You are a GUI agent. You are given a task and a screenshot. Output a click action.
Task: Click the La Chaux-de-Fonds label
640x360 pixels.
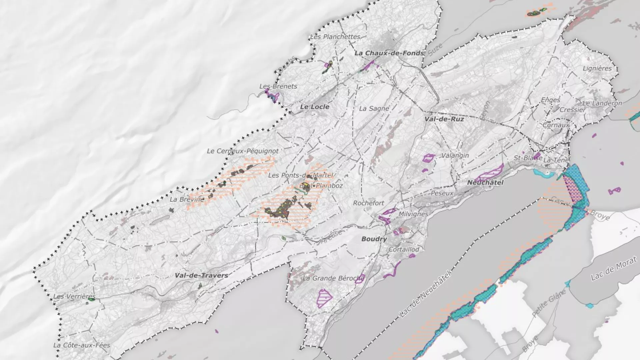(x=389, y=53)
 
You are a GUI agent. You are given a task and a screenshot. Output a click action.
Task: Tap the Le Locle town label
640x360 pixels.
(x=314, y=107)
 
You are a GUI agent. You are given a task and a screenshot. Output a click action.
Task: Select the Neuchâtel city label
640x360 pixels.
(x=485, y=183)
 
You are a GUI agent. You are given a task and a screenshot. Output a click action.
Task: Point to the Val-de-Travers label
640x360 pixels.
(x=201, y=275)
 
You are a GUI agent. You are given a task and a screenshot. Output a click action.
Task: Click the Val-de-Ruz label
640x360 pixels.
(x=444, y=119)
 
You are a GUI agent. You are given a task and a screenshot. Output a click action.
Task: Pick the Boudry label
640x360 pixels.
(x=374, y=239)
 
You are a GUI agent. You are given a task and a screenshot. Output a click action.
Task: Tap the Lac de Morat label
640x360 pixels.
(x=613, y=269)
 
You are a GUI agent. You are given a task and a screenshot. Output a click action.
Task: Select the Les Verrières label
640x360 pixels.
(x=74, y=296)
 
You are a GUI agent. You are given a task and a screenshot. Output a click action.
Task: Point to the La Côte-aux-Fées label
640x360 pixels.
(x=82, y=345)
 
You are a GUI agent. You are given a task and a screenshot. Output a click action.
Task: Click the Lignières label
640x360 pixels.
(x=597, y=68)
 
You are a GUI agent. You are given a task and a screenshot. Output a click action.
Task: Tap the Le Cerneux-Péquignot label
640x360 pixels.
(x=242, y=151)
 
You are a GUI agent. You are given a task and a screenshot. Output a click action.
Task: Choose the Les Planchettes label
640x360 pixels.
(x=335, y=37)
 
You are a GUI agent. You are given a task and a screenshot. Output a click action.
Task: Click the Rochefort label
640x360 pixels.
(x=368, y=203)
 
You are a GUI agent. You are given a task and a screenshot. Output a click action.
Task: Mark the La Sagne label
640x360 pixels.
(x=374, y=109)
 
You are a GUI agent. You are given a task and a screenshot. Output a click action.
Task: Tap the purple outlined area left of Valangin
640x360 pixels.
(x=428, y=158)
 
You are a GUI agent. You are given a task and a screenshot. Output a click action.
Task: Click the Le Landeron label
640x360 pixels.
(x=602, y=103)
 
